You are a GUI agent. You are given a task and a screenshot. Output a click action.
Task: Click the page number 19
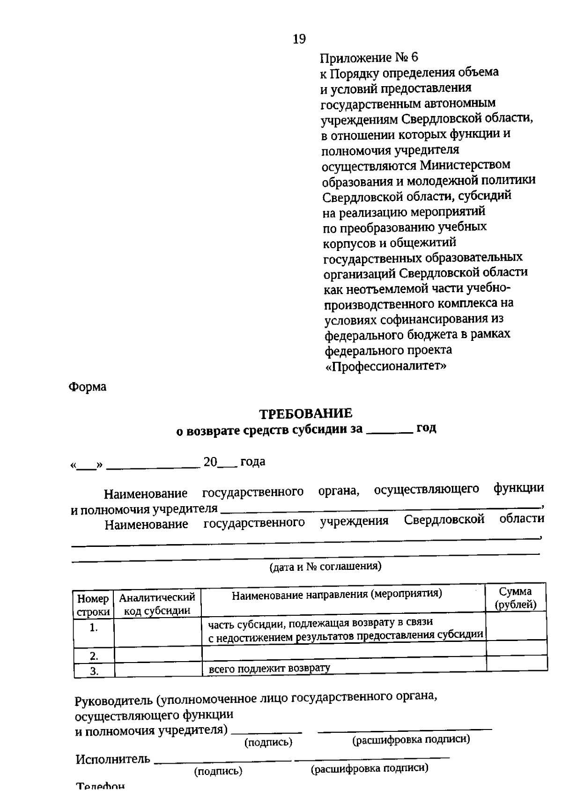tap(299, 39)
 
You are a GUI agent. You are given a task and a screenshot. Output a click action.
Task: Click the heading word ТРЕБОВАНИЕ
tap(306, 414)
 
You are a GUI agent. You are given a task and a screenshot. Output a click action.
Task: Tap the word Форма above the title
tap(88, 387)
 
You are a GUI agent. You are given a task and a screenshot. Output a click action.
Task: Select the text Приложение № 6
tap(369, 58)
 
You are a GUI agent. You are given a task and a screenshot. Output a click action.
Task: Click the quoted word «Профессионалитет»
tap(385, 366)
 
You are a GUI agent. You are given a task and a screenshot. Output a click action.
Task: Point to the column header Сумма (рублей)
tap(516, 598)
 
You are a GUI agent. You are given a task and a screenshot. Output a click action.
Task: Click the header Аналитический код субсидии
tap(157, 604)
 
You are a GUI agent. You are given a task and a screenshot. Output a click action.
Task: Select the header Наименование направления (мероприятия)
tap(337, 595)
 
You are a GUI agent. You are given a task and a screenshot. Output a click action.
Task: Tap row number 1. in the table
tap(94, 628)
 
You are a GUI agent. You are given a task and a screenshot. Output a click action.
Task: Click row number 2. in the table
tap(94, 656)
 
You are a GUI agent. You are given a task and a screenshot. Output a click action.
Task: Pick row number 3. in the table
tap(94, 671)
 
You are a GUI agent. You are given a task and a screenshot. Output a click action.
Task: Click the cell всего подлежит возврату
tap(269, 668)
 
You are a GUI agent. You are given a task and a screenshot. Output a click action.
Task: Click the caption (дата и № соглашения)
tap(325, 567)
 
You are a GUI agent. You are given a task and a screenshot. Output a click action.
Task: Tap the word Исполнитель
tap(113, 759)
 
